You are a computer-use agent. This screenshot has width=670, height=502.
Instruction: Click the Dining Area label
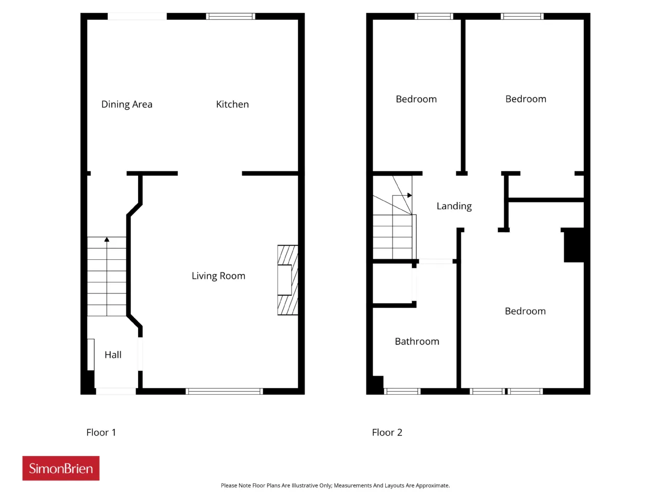tap(127, 104)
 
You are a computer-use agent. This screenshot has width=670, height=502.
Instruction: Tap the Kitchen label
tap(232, 104)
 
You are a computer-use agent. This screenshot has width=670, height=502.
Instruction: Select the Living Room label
tap(218, 276)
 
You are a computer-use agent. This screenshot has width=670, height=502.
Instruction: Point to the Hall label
tap(113, 355)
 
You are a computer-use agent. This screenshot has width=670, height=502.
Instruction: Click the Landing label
tap(454, 207)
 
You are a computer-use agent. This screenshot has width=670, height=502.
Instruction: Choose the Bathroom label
tap(417, 341)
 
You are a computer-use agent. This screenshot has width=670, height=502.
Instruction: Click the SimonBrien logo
tap(61, 468)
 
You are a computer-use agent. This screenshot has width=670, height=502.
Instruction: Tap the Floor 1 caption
tap(101, 432)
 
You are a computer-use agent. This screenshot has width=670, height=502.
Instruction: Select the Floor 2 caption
tap(387, 432)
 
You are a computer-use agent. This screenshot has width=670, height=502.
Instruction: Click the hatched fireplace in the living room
tap(287, 280)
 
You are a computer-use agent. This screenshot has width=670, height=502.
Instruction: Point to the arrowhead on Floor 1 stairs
tap(107, 239)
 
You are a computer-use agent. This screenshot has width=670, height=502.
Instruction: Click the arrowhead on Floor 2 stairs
tap(410, 195)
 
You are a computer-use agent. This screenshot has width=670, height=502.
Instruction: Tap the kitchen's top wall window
tap(230, 16)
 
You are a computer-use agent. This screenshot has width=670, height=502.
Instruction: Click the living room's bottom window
tap(225, 391)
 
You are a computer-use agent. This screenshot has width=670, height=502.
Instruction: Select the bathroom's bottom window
tap(402, 391)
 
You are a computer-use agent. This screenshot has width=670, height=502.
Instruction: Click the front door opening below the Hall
tap(116, 391)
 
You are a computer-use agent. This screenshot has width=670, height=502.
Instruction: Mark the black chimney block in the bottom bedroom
tap(574, 245)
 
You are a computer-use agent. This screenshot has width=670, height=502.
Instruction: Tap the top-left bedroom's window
tap(434, 16)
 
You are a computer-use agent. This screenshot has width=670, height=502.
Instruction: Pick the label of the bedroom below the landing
tap(526, 311)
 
